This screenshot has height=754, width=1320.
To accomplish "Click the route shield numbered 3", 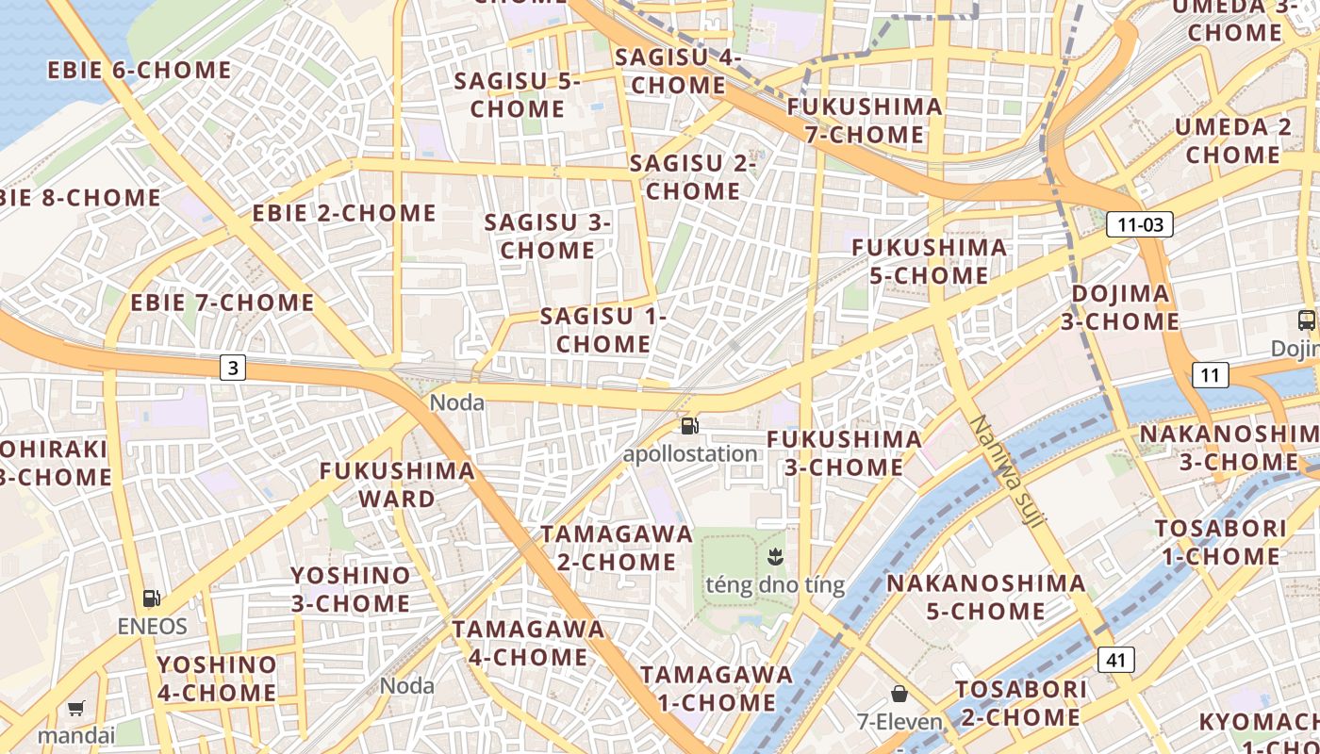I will click(233, 368).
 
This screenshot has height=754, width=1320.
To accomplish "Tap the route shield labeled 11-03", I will click(1139, 224).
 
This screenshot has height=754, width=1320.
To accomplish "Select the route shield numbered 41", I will click(1116, 660).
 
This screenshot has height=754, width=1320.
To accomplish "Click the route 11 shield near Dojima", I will click(1211, 375).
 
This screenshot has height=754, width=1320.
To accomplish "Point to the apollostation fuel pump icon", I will click(690, 426).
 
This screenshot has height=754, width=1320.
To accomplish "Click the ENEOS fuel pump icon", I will click(152, 598).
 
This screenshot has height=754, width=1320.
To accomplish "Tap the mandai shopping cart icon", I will click(76, 708).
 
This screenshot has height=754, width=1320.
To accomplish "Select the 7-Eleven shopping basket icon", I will click(899, 695).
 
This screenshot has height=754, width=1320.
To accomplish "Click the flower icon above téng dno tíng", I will click(775, 555).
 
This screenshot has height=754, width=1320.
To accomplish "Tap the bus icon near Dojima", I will click(1306, 320).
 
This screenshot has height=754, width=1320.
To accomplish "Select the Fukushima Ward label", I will click(397, 484).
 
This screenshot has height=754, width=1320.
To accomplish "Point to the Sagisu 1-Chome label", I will click(603, 331).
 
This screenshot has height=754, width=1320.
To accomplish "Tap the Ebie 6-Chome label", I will click(140, 71).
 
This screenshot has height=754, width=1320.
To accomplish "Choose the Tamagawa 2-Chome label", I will click(617, 548).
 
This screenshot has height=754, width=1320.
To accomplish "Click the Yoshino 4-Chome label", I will click(217, 679).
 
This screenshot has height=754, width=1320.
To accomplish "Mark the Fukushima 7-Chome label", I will click(865, 121).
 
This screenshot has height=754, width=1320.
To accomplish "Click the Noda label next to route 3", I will click(457, 403).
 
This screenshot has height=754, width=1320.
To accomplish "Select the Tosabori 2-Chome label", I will click(1020, 703).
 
